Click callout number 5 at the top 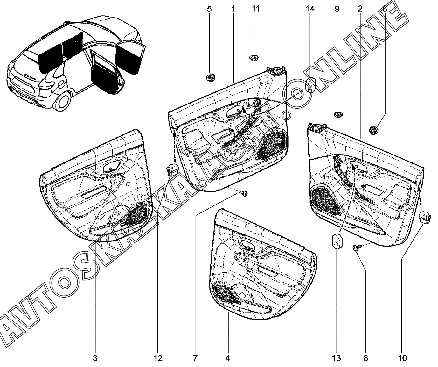(x=209, y=9)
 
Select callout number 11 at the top (x=256, y=9)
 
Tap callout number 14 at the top (x=310, y=9)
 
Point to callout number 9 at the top (x=337, y=9)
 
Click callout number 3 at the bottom (x=95, y=358)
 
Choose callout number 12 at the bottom (x=158, y=358)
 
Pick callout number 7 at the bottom (x=195, y=358)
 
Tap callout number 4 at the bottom (x=228, y=358)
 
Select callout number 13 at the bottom (x=336, y=358)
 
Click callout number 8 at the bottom (x=365, y=358)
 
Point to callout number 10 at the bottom (x=402, y=358)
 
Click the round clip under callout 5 (x=210, y=77)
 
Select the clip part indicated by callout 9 (x=338, y=114)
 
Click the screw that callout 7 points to (x=243, y=193)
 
